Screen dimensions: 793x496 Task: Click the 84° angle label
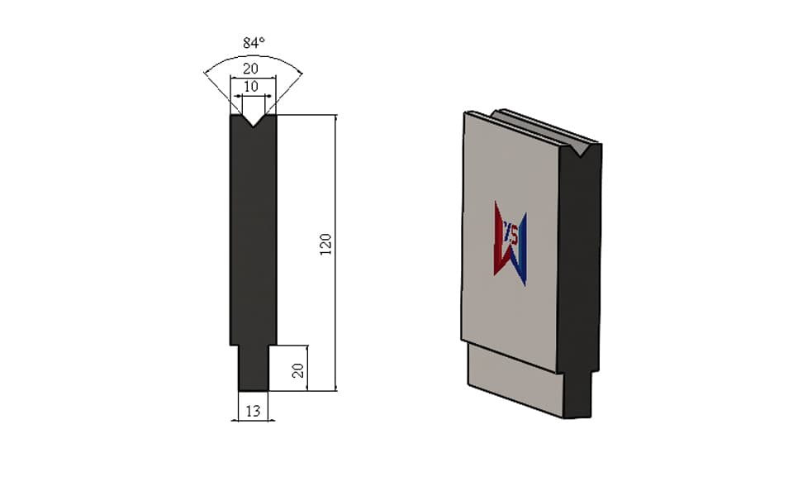click(x=254, y=43)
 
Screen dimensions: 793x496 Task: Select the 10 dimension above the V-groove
click(x=251, y=87)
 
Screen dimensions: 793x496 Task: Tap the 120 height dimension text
click(x=325, y=245)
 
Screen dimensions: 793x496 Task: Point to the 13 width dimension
click(x=253, y=411)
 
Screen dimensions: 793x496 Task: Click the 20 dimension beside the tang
click(x=298, y=370)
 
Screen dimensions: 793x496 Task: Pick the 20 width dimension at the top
click(x=251, y=69)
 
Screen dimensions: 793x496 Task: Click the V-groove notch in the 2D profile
click(x=253, y=121)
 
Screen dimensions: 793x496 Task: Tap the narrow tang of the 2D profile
click(x=253, y=368)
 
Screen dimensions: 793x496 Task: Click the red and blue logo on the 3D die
click(x=510, y=243)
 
